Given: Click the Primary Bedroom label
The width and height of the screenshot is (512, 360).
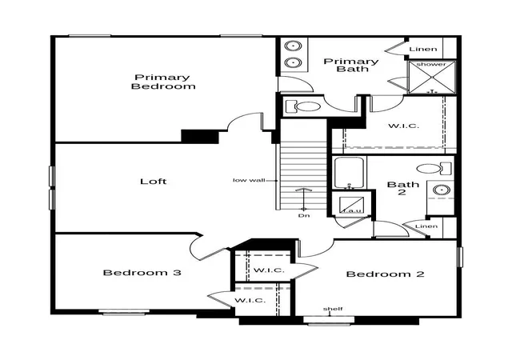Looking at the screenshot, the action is [163, 82].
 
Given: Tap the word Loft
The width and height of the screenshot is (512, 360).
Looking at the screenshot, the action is [153, 182].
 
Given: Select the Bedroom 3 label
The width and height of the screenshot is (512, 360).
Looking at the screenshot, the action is [142, 273].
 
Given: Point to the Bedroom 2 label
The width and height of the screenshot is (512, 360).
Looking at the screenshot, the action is [386, 274].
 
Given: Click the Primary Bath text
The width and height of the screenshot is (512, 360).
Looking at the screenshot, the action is [351, 65].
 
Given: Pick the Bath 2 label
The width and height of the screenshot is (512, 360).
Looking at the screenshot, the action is [402, 189].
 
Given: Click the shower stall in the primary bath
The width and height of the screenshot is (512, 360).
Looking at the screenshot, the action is [432, 77].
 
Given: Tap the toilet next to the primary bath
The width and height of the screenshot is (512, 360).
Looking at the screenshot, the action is [303, 106].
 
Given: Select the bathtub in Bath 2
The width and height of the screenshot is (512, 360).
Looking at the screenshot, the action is [349, 173].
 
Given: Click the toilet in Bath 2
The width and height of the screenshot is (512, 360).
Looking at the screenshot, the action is [434, 169].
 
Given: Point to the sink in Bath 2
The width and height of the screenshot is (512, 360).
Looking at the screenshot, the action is [441, 190].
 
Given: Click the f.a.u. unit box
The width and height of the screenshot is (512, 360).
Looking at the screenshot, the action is [351, 205].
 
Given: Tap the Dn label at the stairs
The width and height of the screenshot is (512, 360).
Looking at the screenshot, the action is [304, 216].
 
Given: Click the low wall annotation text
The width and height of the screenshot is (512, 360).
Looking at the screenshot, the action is [249, 180].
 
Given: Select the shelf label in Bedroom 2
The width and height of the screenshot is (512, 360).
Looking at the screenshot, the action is [333, 309].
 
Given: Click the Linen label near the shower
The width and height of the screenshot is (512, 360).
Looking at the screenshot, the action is [423, 49].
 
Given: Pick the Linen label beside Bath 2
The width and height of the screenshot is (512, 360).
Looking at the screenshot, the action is [426, 226].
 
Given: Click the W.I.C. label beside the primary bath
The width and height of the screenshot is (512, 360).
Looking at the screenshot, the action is [403, 126].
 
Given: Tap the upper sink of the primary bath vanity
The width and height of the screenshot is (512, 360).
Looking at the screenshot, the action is [291, 46].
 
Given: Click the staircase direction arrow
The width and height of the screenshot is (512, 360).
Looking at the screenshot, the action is [304, 199].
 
